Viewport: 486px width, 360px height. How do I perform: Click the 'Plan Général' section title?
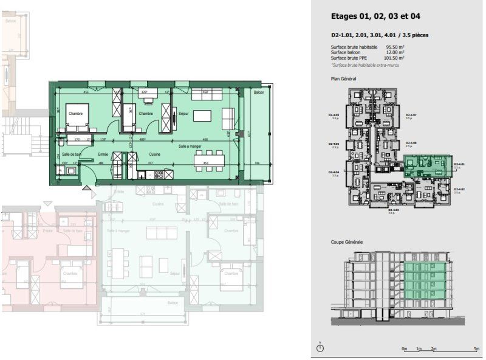[343, 79]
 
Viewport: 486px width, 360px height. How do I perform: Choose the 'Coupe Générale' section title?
[347, 242]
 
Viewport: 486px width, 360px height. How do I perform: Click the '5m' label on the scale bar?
[476, 349]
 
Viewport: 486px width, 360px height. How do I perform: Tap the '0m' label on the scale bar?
[404, 349]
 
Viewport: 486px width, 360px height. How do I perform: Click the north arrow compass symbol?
[320, 347]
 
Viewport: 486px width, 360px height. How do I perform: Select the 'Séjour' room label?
[183, 114]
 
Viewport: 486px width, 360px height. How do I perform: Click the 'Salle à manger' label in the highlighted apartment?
[190, 146]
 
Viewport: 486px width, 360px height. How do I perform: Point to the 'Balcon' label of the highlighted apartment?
[259, 92]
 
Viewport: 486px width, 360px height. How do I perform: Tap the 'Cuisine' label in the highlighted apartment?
[155, 154]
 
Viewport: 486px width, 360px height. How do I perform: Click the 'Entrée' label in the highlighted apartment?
[104, 154]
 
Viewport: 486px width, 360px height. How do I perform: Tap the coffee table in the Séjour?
[203, 115]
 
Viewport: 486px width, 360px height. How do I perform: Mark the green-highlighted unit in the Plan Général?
[428, 164]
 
